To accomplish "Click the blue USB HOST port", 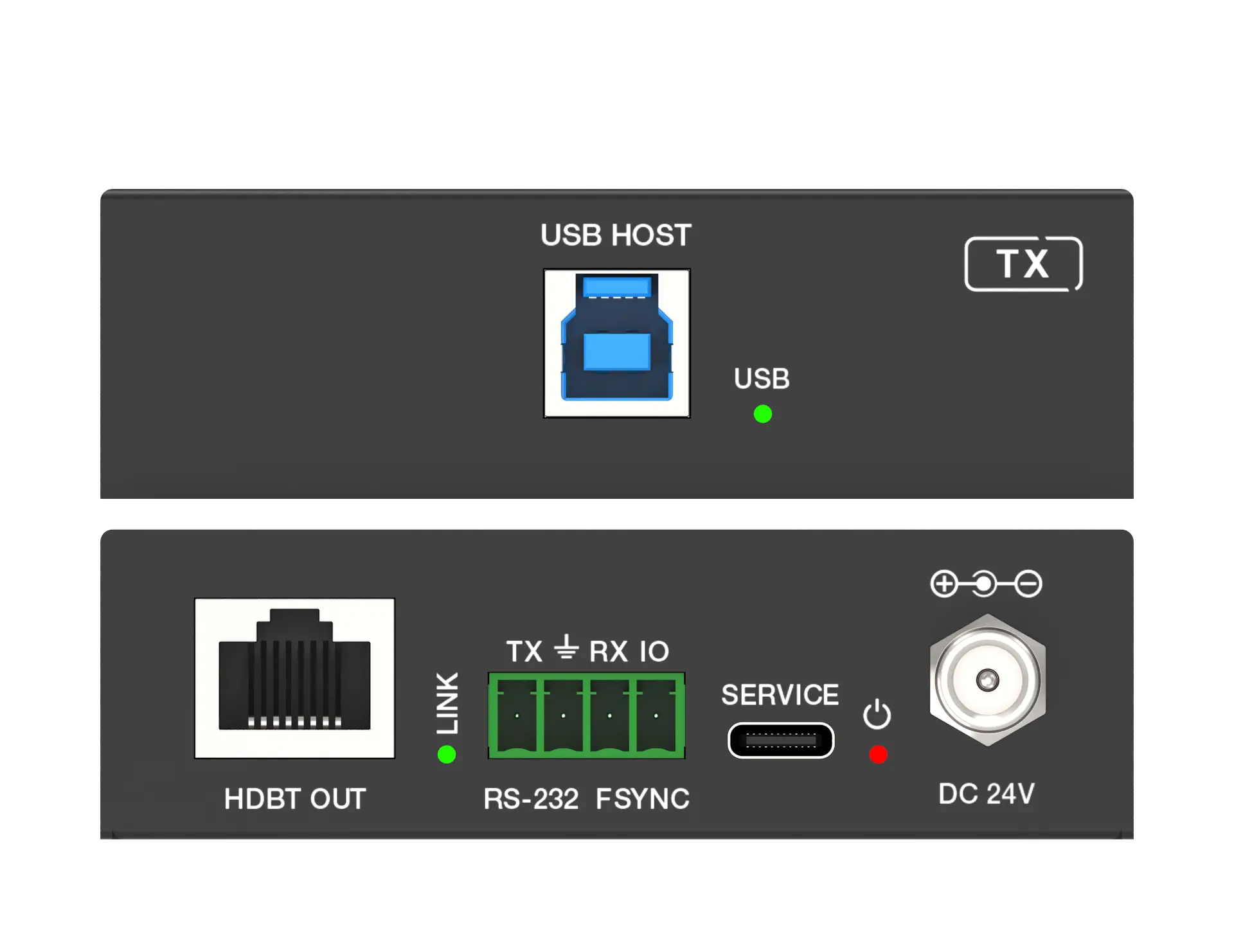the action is (616, 343).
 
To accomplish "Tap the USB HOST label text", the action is (616, 235).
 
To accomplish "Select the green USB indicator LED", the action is (762, 414).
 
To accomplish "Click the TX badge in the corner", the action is (1023, 264).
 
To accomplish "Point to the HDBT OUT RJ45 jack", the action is (294, 678).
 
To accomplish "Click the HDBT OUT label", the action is (295, 799).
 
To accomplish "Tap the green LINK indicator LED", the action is (446, 754).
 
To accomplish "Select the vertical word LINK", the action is (447, 703).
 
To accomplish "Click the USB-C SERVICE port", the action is (781, 741).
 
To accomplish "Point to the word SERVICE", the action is (780, 695).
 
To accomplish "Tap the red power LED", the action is (878, 754).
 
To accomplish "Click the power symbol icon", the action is (877, 714).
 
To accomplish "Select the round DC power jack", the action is (988, 679).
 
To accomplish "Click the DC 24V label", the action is (987, 794).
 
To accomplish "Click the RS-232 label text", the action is (531, 799).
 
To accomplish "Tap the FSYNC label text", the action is (642, 799).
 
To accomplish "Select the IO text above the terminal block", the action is (654, 652).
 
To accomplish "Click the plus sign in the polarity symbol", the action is (944, 584).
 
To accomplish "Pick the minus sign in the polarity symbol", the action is (1028, 584).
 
